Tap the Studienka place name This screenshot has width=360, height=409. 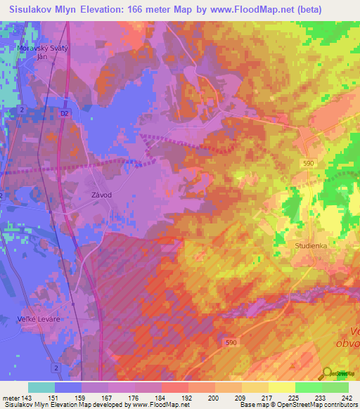pos(312,247)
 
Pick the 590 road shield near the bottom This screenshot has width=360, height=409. pos(231,342)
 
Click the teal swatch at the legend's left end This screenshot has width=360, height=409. pos(41,387)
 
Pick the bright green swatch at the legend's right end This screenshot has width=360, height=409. pos(335,387)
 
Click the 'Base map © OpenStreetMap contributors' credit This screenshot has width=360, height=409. pos(297,405)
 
